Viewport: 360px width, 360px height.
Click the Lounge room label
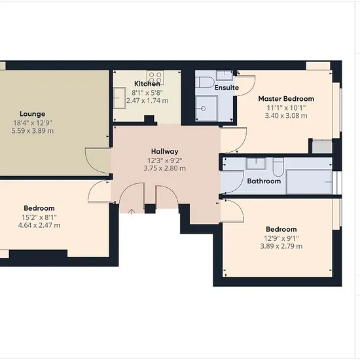click(x=32, y=114)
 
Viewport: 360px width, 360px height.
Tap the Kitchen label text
click(x=147, y=84)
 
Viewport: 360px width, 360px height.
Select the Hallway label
click(x=164, y=152)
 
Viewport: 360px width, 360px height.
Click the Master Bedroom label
click(x=286, y=99)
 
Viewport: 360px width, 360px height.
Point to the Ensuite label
click(x=226, y=88)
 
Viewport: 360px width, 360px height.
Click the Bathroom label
click(x=264, y=181)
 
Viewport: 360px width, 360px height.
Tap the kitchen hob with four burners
click(x=155, y=77)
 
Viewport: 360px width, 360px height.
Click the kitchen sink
click(x=119, y=98)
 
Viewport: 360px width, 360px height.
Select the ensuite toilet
click(x=206, y=82)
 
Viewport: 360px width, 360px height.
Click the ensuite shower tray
click(x=206, y=109)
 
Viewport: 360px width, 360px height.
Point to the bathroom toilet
click(x=278, y=166)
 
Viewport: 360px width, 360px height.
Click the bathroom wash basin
click(x=256, y=164)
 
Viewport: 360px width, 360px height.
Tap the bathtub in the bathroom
click(x=309, y=182)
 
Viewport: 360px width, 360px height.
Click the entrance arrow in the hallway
click(x=132, y=211)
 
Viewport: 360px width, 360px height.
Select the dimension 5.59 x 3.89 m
click(x=32, y=131)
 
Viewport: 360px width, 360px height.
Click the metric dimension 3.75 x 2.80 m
click(x=164, y=168)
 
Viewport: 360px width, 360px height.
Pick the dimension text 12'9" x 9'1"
click(x=281, y=238)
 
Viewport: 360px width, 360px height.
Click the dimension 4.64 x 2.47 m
click(x=39, y=225)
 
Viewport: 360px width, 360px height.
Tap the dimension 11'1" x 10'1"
click(x=286, y=108)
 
